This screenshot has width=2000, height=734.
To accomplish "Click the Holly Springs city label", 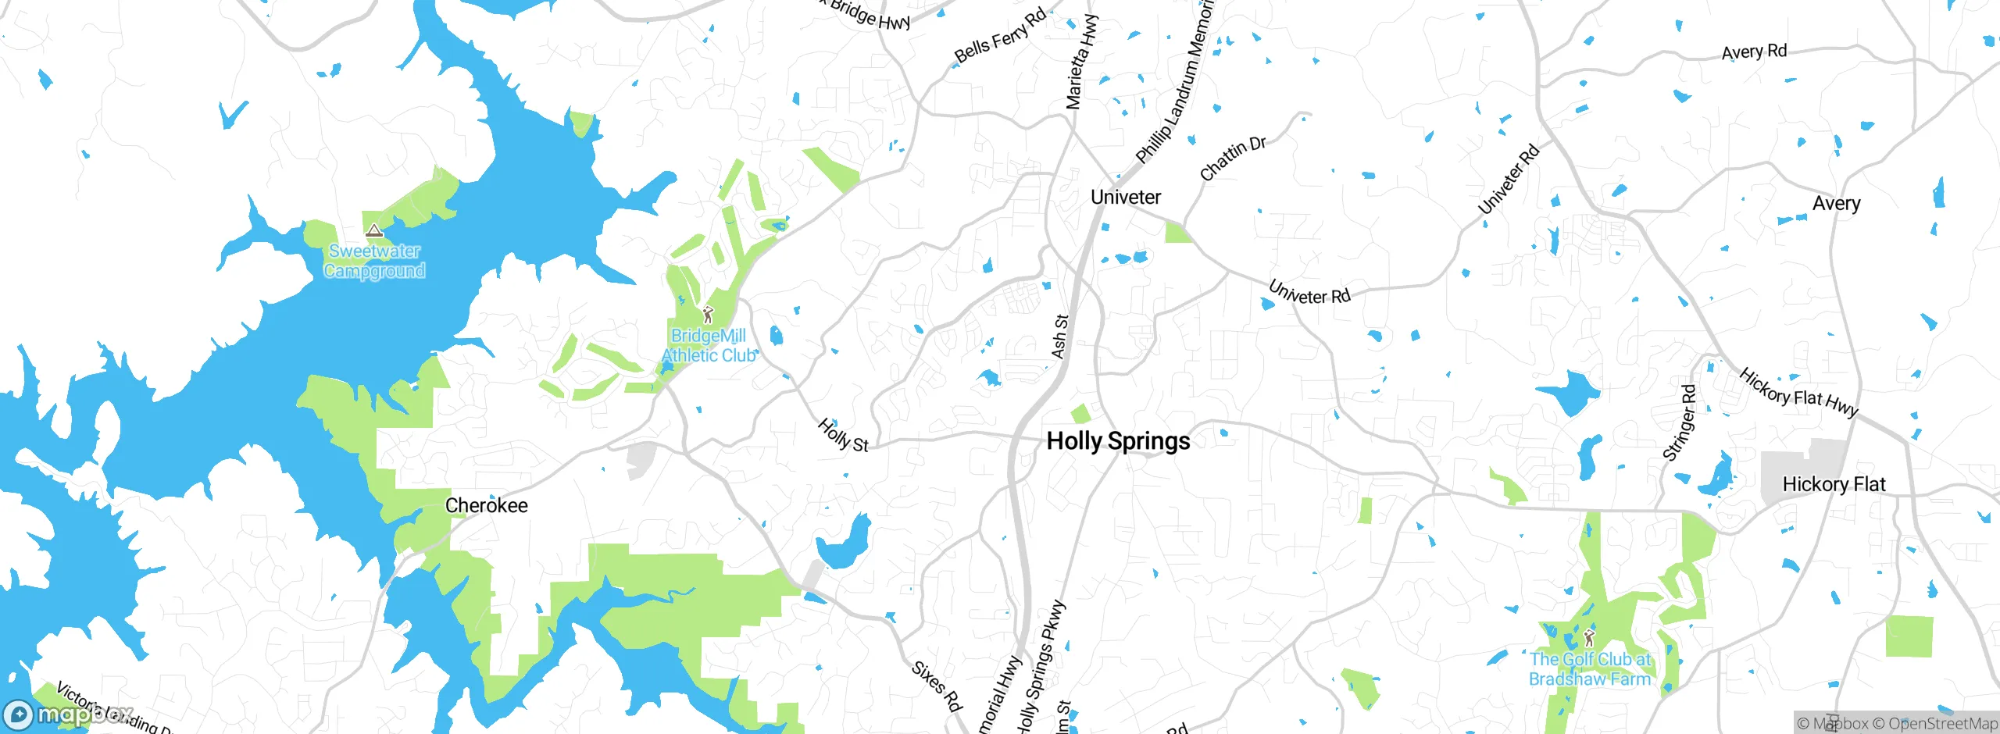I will pyautogui.click(x=1118, y=441).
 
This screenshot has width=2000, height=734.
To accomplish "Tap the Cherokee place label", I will pyautogui.click(x=486, y=505).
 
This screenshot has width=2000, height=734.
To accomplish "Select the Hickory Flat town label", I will pyautogui.click(x=1834, y=484).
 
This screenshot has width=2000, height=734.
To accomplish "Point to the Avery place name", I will pyautogui.click(x=1836, y=204).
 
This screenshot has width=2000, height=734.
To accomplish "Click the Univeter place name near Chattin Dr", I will pyautogui.click(x=1125, y=197).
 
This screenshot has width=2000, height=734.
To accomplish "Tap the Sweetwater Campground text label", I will pyautogui.click(x=374, y=261).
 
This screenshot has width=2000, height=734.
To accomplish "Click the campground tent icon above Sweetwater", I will pyautogui.click(x=374, y=231).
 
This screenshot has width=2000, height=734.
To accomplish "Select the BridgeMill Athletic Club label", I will pyautogui.click(x=709, y=345).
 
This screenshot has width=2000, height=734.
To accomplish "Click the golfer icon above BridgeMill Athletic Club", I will pyautogui.click(x=708, y=315).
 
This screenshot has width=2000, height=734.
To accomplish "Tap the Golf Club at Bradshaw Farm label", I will pyautogui.click(x=1590, y=669).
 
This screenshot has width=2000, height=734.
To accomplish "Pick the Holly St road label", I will pyautogui.click(x=842, y=436).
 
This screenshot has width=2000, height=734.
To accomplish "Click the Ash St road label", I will pyautogui.click(x=1060, y=337).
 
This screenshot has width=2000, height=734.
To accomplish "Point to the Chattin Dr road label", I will pyautogui.click(x=1232, y=159).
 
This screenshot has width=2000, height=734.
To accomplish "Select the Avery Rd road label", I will pyautogui.click(x=1754, y=52).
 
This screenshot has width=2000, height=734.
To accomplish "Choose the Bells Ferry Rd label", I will pyautogui.click(x=1000, y=37).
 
